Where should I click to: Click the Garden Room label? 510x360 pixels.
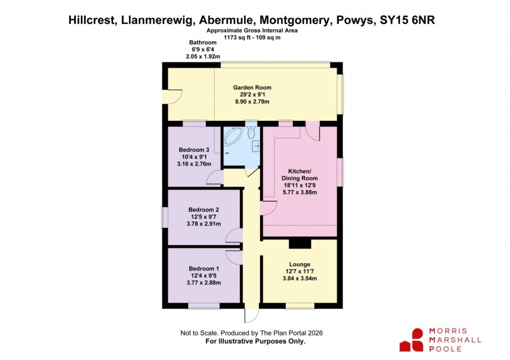pyautogui.click(x=252, y=87)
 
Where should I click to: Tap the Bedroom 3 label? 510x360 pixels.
pyautogui.click(x=194, y=150)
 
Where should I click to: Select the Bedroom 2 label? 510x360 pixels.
pyautogui.click(x=203, y=210)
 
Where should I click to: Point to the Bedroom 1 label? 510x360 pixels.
pyautogui.click(x=203, y=269)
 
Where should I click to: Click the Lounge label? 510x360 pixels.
pyautogui.click(x=300, y=265)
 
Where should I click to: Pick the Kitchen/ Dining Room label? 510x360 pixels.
pyautogui.click(x=300, y=175)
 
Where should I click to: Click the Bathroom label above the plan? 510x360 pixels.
pyautogui.click(x=203, y=43)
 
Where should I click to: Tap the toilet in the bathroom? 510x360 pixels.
pyautogui.click(x=251, y=133)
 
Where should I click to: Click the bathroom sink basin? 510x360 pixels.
pyautogui.click(x=256, y=146)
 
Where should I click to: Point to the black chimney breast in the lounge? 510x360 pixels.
pyautogui.click(x=300, y=244)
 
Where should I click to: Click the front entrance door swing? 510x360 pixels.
pyautogui.click(x=252, y=315)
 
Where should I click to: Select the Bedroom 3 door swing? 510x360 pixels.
pyautogui.click(x=215, y=177)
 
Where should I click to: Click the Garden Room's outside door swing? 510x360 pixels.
pyautogui.click(x=175, y=98)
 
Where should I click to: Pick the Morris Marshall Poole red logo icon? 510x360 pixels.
pyautogui.click(x=412, y=340)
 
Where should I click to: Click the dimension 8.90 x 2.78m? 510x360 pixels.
pyautogui.click(x=252, y=101)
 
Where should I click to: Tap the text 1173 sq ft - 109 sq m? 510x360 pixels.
pyautogui.click(x=252, y=37)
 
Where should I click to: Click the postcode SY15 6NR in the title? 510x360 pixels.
pyautogui.click(x=407, y=20)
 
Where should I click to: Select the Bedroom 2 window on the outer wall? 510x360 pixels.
pyautogui.click(x=164, y=218)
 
